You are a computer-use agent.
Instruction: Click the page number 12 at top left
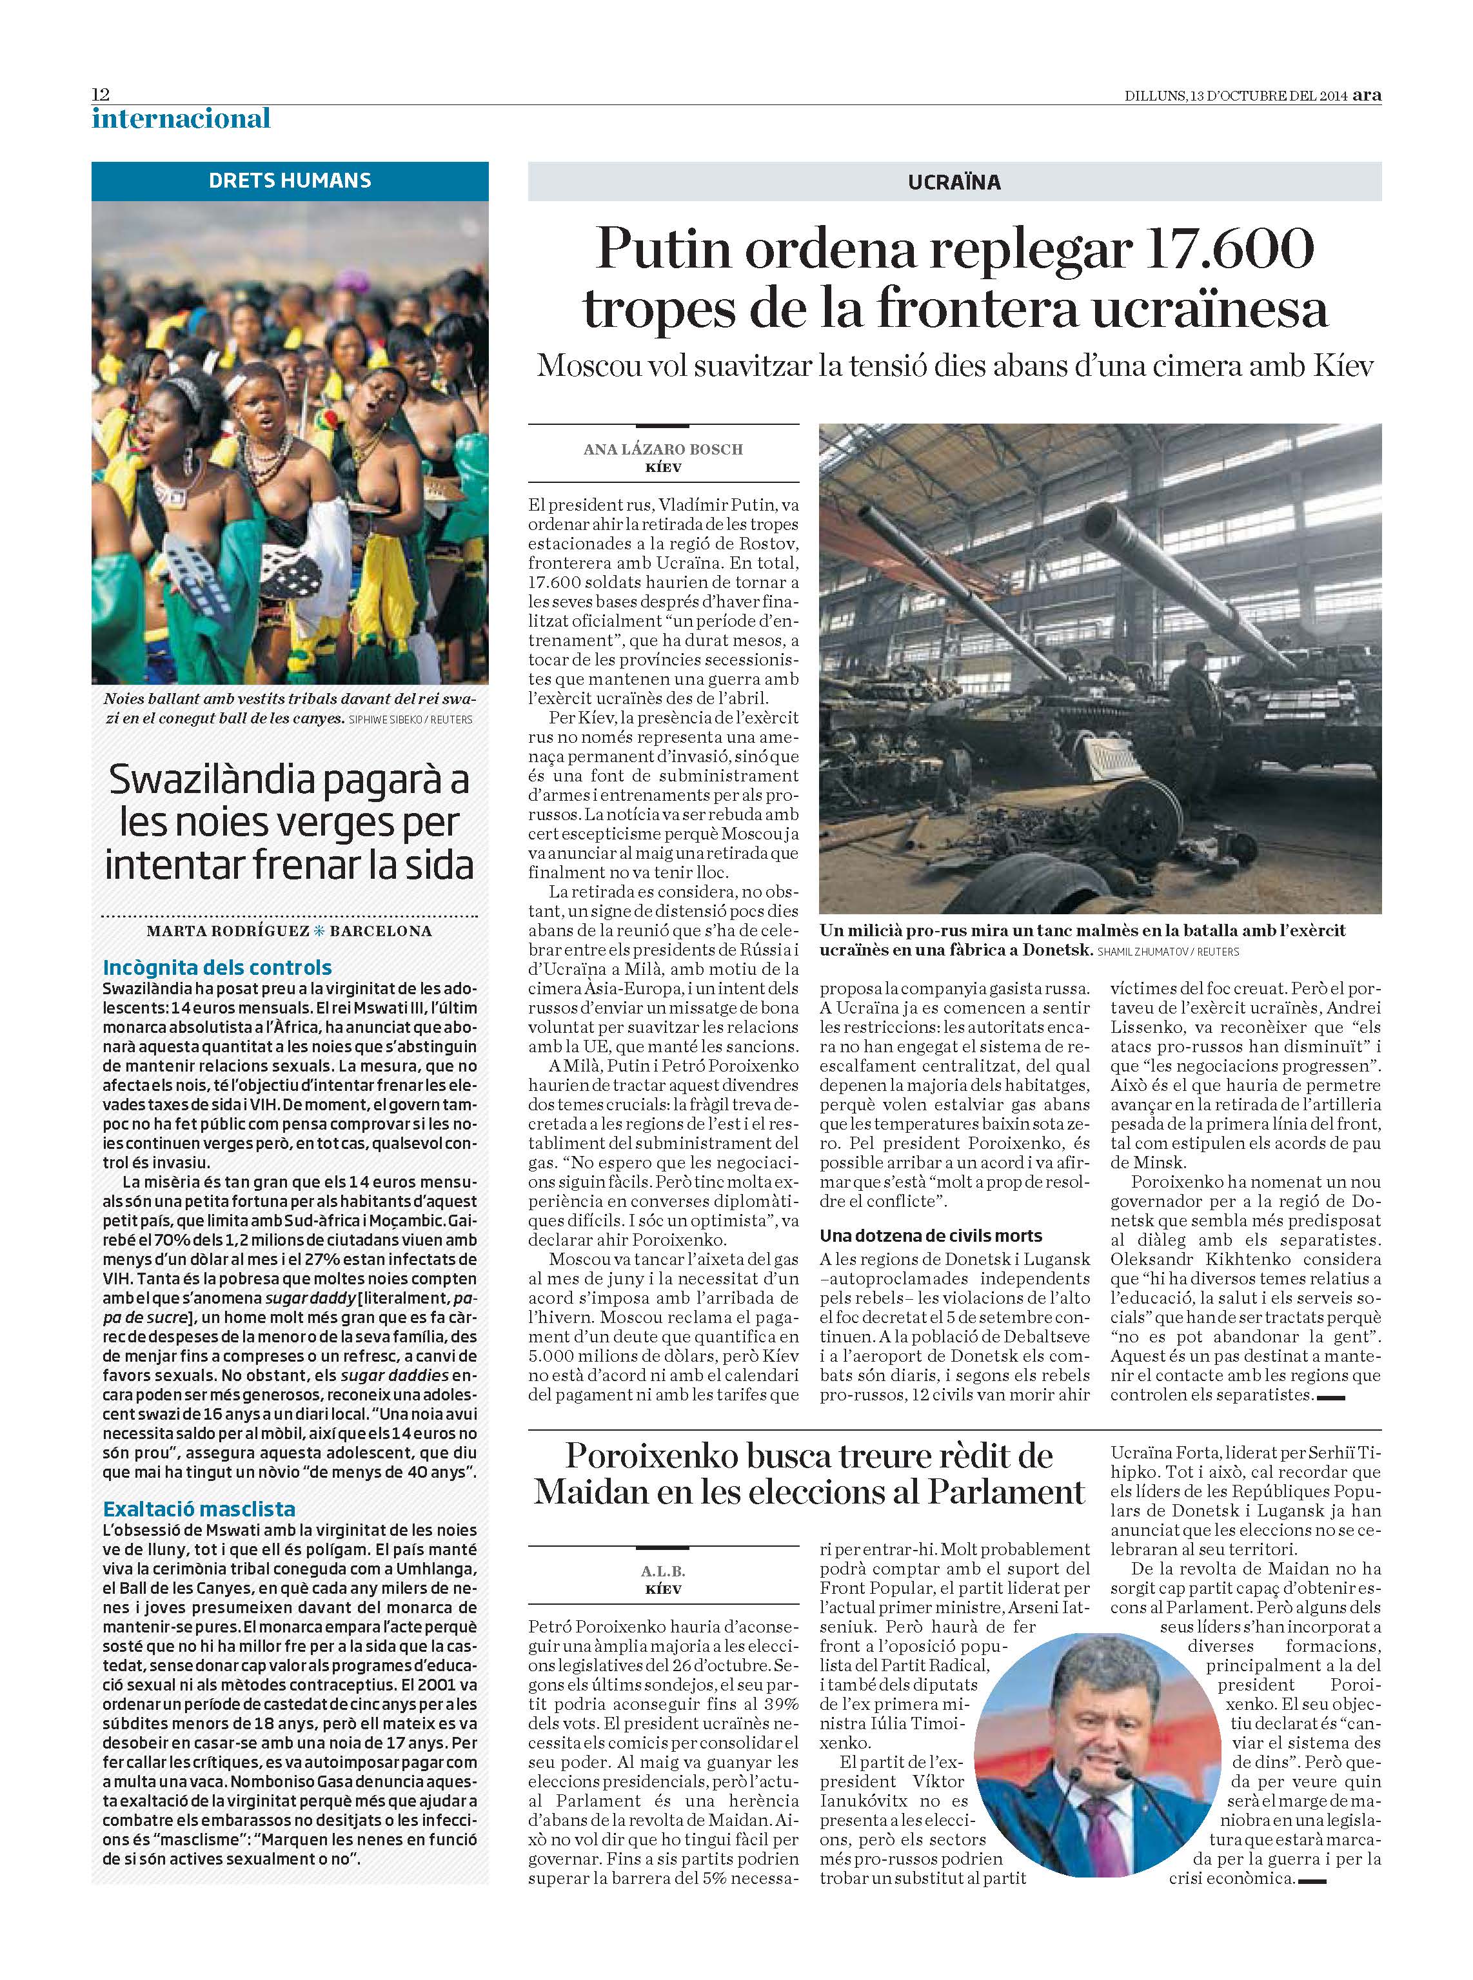[x=100, y=95]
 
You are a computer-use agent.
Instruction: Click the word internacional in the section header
[x=181, y=119]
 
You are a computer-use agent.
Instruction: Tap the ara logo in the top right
[x=1366, y=95]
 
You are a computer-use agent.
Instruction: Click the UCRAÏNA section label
[x=954, y=182]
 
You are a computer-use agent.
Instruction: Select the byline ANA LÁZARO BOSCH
[x=662, y=449]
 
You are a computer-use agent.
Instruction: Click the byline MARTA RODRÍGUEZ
[x=228, y=931]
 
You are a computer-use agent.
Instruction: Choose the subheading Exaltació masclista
[x=199, y=1509]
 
